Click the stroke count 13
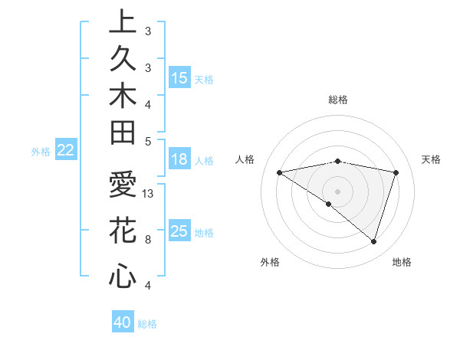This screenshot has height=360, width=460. pyautogui.click(x=149, y=194)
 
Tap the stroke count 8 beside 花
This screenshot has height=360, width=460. pyautogui.click(x=148, y=239)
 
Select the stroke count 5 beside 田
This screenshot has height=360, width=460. pyautogui.click(x=148, y=141)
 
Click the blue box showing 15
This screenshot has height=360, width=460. pyautogui.click(x=179, y=78)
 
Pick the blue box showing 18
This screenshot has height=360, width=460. pyautogui.click(x=179, y=159)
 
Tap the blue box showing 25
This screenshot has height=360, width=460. pyautogui.click(x=179, y=231)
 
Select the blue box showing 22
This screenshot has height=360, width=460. pyautogui.click(x=65, y=150)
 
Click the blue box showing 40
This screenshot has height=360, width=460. pyautogui.click(x=123, y=322)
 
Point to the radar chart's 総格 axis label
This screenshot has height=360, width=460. pyautogui.click(x=338, y=100)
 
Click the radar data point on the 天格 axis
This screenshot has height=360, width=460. pyautogui.click(x=396, y=172)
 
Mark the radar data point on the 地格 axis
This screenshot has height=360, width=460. pyautogui.click(x=373, y=241)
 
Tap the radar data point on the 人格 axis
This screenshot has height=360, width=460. pyautogui.click(x=280, y=172)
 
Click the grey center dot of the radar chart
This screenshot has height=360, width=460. pyautogui.click(x=337, y=191)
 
